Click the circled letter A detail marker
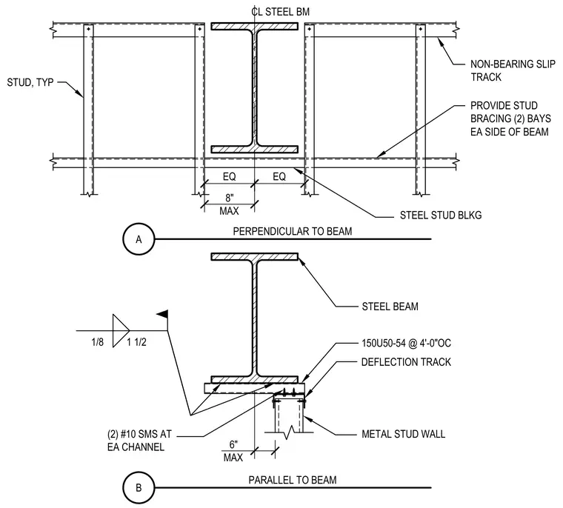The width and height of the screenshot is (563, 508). (139, 239)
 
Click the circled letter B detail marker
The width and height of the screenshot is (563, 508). (139, 487)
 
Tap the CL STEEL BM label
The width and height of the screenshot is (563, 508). (281, 12)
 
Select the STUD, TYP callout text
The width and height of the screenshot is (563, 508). (30, 83)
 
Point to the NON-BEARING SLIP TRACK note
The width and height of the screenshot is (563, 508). (513, 70)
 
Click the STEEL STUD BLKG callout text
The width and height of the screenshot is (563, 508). (441, 215)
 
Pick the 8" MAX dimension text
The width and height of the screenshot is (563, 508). (230, 204)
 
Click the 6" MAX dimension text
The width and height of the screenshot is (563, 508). (233, 451)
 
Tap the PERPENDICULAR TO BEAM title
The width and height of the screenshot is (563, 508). (293, 231)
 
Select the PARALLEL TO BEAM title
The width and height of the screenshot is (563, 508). (293, 480)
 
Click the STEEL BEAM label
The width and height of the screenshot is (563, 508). (390, 307)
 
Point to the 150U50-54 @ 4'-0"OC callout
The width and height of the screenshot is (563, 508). (406, 343)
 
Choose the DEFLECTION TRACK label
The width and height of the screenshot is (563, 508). (406, 362)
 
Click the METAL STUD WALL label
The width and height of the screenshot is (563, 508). (403, 434)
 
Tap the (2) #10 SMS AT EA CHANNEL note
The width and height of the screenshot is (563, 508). (139, 441)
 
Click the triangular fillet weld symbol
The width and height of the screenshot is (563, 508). (121, 331)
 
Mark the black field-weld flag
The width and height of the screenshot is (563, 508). (162, 314)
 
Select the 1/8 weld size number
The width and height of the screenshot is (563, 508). (97, 342)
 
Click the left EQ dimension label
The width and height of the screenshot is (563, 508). (230, 177)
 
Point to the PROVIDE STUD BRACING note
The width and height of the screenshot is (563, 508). (510, 118)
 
